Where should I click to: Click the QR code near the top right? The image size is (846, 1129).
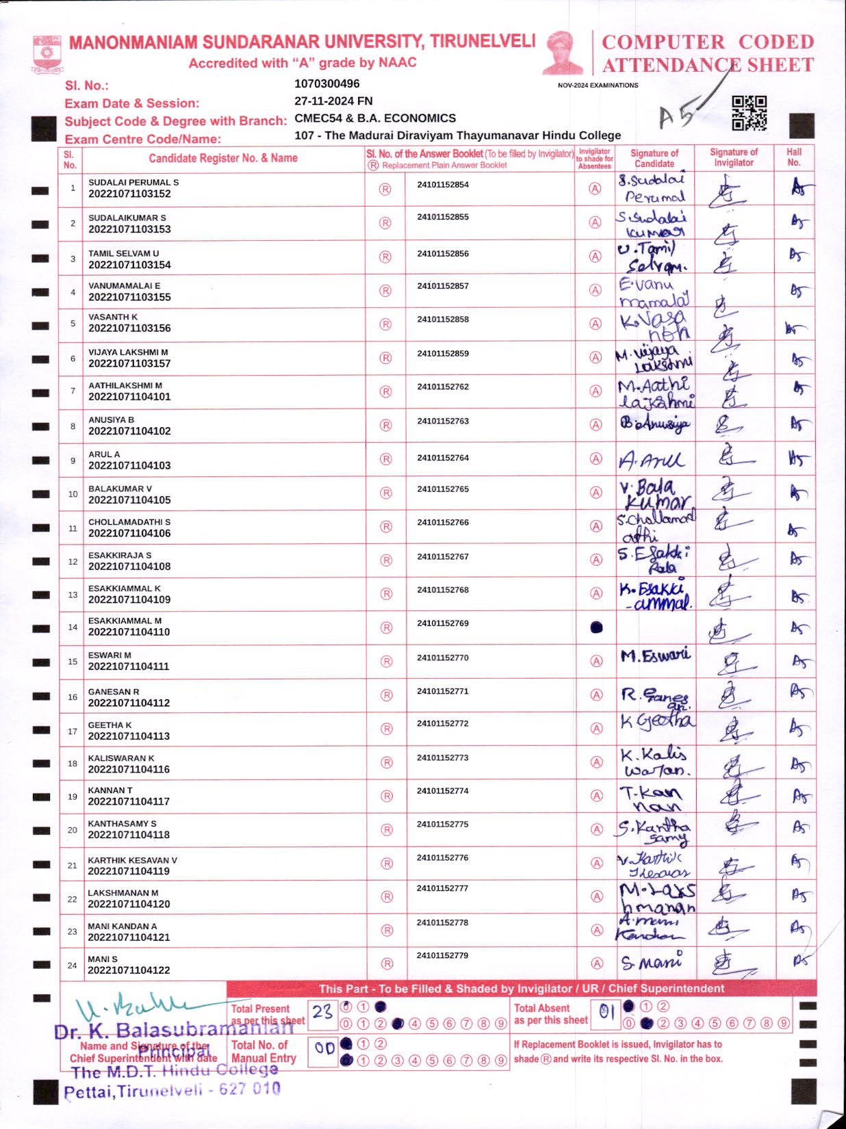749,113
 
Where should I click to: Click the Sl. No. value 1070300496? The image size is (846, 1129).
326,83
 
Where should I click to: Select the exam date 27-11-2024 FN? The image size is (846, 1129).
333,101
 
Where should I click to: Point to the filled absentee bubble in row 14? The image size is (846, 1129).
596,627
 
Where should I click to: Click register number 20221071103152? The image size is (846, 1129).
129,194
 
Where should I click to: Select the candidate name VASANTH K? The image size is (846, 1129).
113,317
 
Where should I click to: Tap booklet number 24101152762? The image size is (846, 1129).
443,387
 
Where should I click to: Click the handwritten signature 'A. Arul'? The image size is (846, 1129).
651,460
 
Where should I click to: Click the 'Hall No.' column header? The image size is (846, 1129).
794,157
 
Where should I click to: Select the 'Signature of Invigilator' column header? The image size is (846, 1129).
734,157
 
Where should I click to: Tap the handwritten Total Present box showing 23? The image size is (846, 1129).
322,1012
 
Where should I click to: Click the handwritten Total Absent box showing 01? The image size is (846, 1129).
606,1011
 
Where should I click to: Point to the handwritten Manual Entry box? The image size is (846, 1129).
324,1048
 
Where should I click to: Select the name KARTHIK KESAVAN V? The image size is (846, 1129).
132,860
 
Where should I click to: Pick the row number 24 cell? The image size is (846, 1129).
72,965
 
